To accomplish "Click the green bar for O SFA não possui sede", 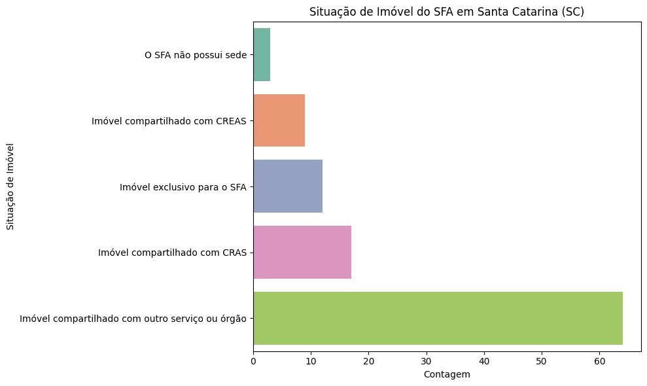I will tap(262, 55).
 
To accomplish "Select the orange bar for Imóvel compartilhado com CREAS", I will tap(279, 120).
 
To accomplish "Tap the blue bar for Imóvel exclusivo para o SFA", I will tap(288, 186).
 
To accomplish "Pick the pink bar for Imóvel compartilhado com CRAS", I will tap(302, 252).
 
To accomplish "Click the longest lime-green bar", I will tap(438, 318).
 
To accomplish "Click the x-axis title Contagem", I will tap(447, 374).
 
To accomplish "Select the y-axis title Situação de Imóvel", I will tap(10, 186).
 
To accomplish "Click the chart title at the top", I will tap(447, 12).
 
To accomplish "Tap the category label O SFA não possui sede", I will tap(196, 56).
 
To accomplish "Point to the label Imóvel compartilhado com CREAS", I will tap(169, 121).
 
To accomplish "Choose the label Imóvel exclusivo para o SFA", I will tap(183, 187).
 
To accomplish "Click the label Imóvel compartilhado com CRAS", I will tap(172, 253).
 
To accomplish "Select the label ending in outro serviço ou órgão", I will tap(133, 319).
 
